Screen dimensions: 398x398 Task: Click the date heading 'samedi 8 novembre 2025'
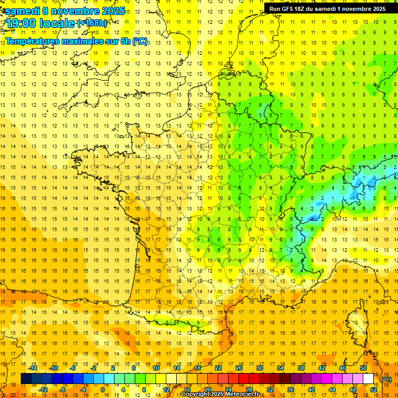pyautogui.click(x=65, y=11)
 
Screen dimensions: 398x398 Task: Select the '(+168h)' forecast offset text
pyautogui.click(x=92, y=23)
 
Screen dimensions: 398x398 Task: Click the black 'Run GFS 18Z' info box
pyautogui.click(x=327, y=9)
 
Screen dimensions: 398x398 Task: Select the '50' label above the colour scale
pyautogui.click(x=363, y=368)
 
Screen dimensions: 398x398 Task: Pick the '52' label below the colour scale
pyautogui.click(x=374, y=390)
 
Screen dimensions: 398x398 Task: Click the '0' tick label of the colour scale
pyautogui.click(x=103, y=390)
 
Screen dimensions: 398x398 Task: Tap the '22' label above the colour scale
pyautogui.click(x=218, y=368)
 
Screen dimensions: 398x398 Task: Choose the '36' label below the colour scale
pyautogui.click(x=291, y=390)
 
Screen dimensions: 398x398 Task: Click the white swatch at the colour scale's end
pyautogui.click(x=368, y=379)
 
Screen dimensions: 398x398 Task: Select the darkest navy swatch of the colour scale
pyautogui.click(x=26, y=379)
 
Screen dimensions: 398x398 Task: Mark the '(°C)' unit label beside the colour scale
pyautogui.click(x=386, y=379)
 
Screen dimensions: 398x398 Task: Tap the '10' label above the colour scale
pyautogui.click(x=156, y=368)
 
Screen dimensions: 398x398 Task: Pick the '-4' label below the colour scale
pyautogui.click(x=83, y=390)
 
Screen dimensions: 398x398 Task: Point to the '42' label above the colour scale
pyautogui.click(x=322, y=368)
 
